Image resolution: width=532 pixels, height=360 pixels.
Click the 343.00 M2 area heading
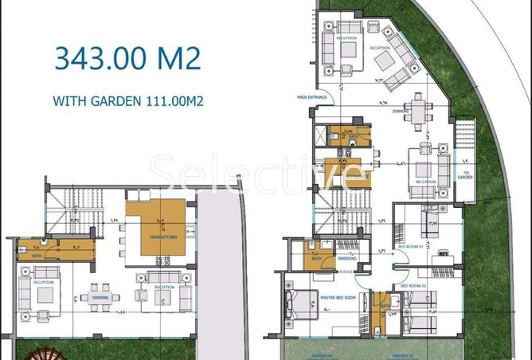[x=127, y=59]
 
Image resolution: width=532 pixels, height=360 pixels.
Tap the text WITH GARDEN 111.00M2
[x=126, y=101]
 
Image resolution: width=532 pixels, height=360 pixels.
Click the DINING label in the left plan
[x=100, y=298]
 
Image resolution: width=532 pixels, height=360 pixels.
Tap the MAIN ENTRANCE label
[x=313, y=98]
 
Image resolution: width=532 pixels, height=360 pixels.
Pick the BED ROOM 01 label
[x=409, y=247]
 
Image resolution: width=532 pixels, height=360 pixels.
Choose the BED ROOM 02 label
[x=414, y=284]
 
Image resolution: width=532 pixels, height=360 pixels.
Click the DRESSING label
[x=347, y=258]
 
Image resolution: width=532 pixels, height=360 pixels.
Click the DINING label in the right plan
[x=401, y=112]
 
